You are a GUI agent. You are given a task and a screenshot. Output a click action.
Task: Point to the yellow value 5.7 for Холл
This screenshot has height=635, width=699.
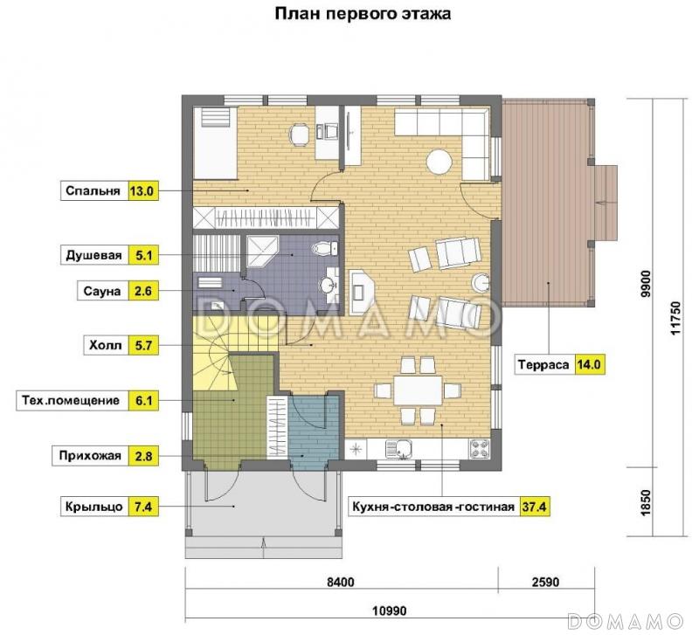click(142, 344)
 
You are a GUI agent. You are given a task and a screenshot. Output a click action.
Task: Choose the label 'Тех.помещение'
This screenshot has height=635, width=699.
click(69, 401)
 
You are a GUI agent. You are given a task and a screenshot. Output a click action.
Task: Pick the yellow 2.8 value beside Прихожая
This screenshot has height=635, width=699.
click(142, 455)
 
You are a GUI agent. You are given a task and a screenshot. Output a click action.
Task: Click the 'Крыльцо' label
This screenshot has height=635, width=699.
click(92, 507)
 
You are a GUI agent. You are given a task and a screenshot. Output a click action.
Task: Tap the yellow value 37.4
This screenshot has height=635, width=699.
click(535, 507)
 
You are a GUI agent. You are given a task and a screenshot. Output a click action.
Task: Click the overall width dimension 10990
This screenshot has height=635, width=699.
click(388, 610)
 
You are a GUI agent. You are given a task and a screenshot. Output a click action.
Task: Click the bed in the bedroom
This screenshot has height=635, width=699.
click(213, 140)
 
